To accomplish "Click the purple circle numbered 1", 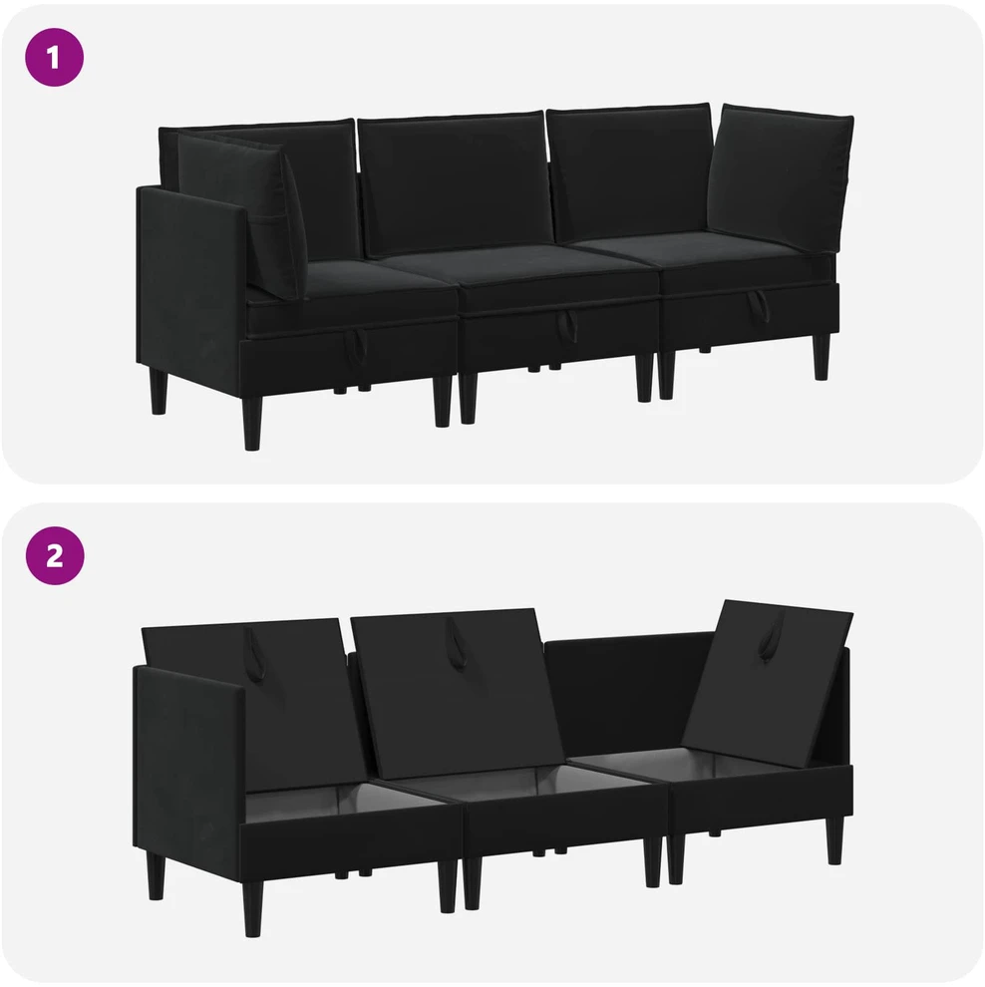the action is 54,57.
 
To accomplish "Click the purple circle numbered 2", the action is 54,556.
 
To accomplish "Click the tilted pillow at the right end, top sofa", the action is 781,177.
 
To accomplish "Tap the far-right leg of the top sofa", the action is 821,357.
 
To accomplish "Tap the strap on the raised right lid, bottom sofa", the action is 771,635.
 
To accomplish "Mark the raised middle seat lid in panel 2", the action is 457,693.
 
